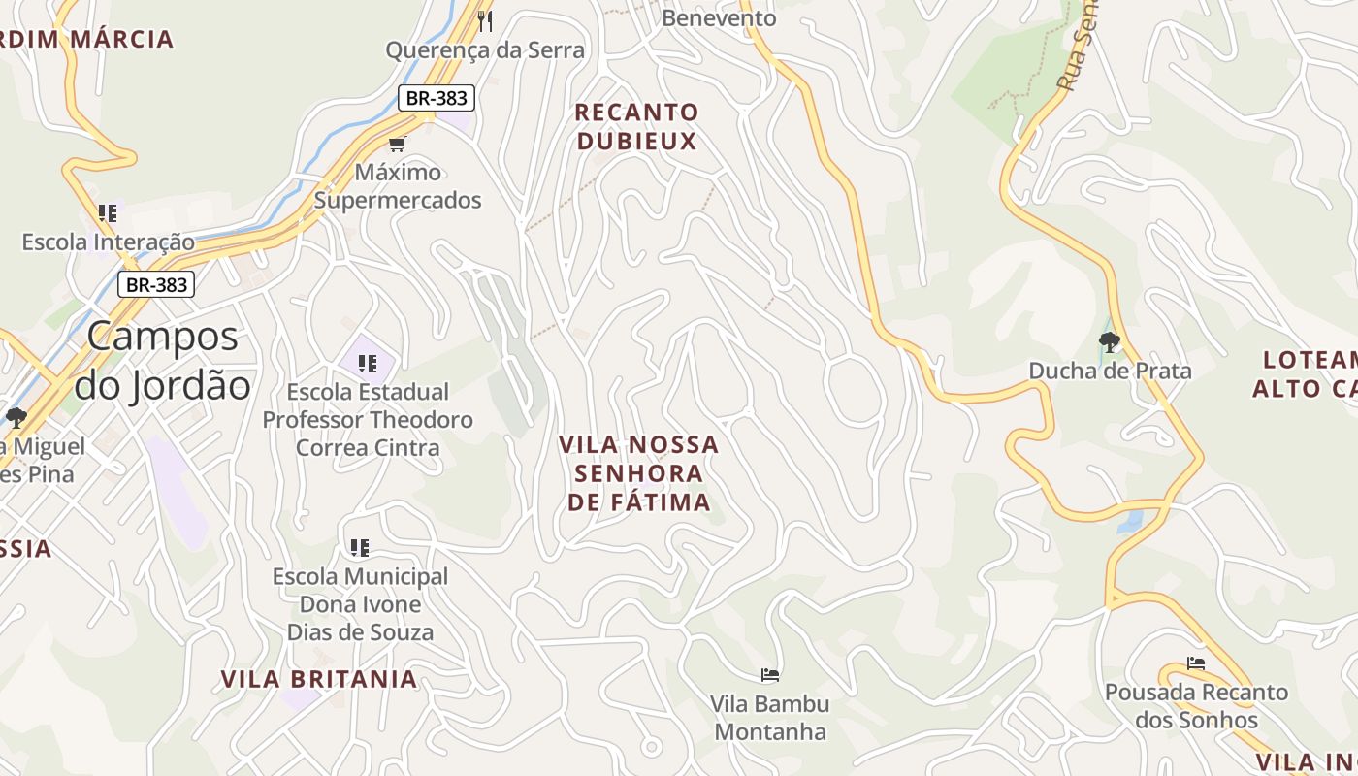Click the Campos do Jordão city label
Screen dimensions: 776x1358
click(162, 361)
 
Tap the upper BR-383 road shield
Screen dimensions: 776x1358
click(436, 97)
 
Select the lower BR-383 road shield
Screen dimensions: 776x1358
click(156, 285)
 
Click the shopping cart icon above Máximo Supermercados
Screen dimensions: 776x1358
click(397, 145)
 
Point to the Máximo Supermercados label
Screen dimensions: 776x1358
click(398, 186)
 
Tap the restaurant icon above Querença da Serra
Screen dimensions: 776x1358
click(486, 20)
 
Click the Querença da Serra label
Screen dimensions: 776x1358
click(485, 50)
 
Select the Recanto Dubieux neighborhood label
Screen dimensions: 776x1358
click(636, 127)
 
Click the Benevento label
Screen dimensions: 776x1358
click(719, 17)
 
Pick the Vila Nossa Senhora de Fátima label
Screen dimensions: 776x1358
click(639, 473)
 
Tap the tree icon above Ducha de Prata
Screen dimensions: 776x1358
click(1110, 341)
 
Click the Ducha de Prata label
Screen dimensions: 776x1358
click(1110, 371)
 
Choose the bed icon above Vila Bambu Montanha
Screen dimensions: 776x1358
click(770, 674)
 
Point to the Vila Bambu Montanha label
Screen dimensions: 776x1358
click(770, 717)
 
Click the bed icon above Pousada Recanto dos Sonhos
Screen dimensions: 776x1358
click(1196, 663)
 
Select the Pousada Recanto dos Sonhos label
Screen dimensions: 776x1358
click(1196, 706)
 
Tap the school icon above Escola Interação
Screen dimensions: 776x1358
click(108, 212)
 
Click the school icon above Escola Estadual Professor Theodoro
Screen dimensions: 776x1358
click(367, 364)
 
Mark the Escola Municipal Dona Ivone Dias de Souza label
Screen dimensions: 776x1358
click(360, 604)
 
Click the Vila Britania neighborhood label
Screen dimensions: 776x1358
click(319, 679)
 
